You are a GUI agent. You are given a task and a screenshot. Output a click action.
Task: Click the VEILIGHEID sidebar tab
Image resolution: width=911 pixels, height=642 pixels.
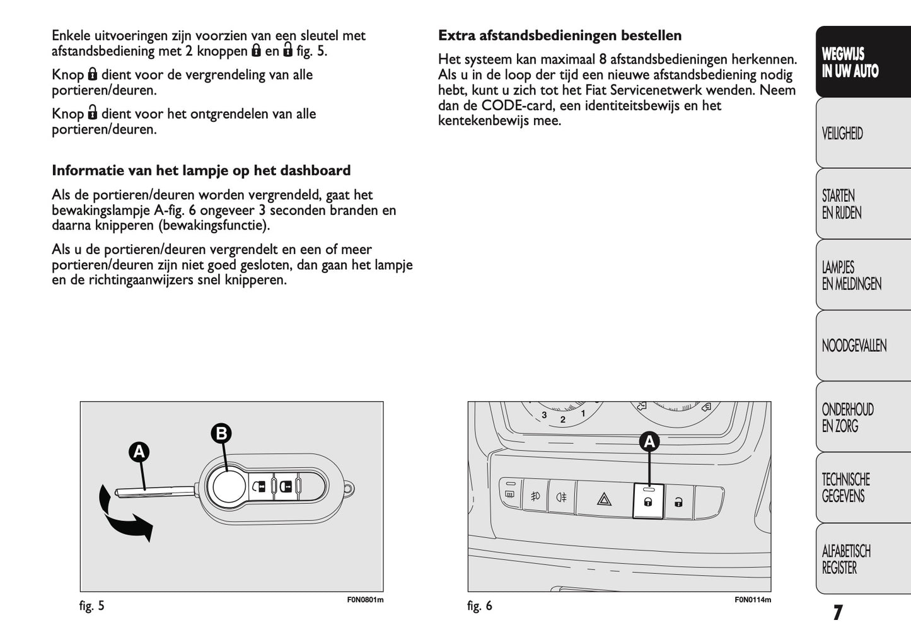point(842,134)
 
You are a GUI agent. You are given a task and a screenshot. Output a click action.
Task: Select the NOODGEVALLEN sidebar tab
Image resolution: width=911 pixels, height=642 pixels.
point(854,346)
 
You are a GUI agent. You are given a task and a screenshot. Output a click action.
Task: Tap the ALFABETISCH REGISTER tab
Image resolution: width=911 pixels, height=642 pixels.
point(846,559)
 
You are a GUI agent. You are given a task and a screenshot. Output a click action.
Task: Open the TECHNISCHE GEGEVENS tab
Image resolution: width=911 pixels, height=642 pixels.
point(845,487)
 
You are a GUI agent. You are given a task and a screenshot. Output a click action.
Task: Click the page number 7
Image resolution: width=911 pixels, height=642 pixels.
point(837,612)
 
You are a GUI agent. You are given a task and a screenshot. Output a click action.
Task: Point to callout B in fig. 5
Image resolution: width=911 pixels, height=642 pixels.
point(221,433)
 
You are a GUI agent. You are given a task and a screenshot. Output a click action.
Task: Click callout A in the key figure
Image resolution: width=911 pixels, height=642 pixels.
point(139,452)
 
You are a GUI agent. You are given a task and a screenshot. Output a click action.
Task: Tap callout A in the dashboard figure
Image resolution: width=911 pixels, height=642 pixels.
point(649,442)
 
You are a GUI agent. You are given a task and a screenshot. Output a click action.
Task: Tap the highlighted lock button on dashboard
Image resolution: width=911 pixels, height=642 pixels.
point(647,502)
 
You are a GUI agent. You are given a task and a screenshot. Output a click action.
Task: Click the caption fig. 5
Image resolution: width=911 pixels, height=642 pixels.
point(92,606)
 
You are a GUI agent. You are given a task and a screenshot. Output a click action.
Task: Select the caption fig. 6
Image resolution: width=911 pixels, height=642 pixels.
point(480,606)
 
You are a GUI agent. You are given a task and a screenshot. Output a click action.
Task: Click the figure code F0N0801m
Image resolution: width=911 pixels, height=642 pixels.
point(365,600)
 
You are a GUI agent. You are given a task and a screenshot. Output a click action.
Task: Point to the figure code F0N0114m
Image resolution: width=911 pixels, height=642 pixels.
point(752,600)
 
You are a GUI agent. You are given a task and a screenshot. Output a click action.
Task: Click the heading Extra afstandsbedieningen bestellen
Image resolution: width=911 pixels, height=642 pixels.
point(560,35)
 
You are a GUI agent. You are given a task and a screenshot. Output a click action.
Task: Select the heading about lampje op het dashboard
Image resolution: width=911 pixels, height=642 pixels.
point(201,170)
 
